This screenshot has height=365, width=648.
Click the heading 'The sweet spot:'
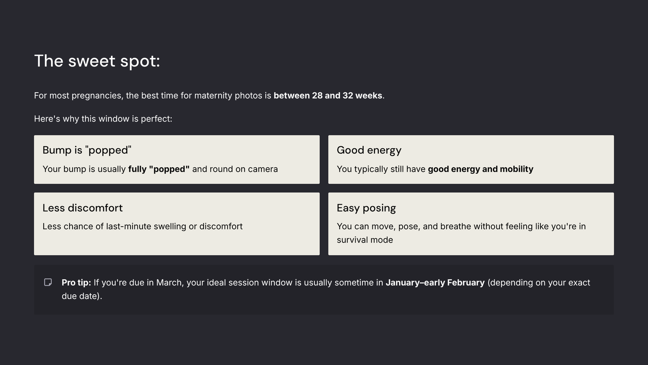click(x=97, y=61)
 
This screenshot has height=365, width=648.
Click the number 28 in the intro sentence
click(x=317, y=95)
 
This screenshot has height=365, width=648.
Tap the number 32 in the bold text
click(x=348, y=95)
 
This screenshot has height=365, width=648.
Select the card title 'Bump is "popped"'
click(x=87, y=150)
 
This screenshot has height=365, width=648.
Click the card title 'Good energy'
click(x=369, y=150)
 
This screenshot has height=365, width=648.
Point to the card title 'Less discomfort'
click(x=83, y=208)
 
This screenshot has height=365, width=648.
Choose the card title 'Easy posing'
click(x=366, y=208)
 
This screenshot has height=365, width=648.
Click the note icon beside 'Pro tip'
click(x=48, y=282)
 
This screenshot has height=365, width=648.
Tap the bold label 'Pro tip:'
click(x=76, y=283)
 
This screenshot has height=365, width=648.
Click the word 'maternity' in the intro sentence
click(x=213, y=96)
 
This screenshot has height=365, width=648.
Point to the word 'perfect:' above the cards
click(x=156, y=119)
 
